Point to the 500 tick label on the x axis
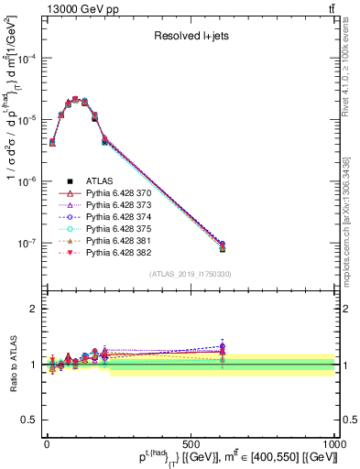pos(191,443)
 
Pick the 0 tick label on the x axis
pos(47,443)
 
